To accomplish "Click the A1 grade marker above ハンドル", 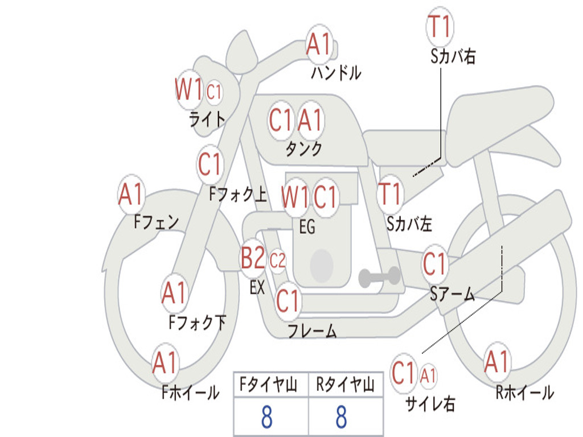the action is [x=319, y=44].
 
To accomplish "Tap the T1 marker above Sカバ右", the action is [x=440, y=26].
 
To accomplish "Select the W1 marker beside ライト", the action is [x=188, y=89].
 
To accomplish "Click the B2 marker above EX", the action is [x=253, y=258].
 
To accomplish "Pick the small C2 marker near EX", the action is [x=277, y=261].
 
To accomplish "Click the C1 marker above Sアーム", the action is [x=434, y=264].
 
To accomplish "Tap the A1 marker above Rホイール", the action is [x=496, y=362].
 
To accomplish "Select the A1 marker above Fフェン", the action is [x=131, y=194].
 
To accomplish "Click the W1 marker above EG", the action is [x=295, y=196].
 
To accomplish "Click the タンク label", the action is [x=304, y=149].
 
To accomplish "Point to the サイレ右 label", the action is [x=430, y=403].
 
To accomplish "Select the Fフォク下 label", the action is [x=197, y=322].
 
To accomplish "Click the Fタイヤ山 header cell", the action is [x=271, y=384].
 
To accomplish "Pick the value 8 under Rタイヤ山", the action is [x=342, y=417].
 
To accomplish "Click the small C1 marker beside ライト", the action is [x=214, y=92].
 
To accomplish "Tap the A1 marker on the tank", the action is [x=310, y=120].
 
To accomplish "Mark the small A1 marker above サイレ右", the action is [x=428, y=376].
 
